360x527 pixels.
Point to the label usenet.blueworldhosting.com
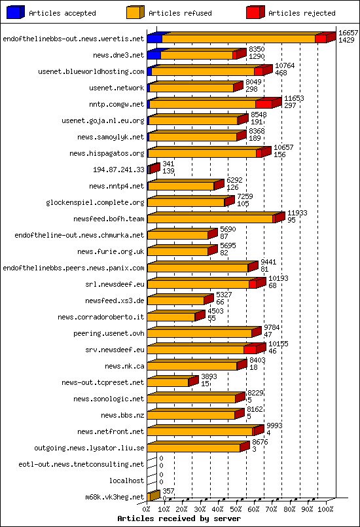click(91, 72)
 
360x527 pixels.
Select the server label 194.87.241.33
click(118, 170)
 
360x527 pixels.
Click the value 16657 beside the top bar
click(348, 32)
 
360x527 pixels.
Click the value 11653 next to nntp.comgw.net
click(294, 98)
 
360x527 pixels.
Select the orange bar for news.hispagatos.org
click(202, 153)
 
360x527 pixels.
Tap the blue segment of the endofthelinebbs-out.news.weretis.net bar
click(154, 39)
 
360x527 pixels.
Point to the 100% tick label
click(326, 509)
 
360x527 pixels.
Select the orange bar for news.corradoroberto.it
click(171, 317)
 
